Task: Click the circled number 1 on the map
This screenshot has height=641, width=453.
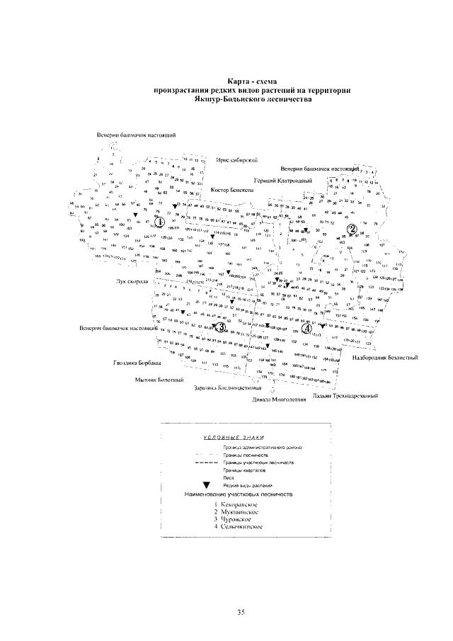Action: tap(160, 222)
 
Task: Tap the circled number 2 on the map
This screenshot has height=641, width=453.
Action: tap(350, 227)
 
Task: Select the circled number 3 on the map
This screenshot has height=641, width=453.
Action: tap(220, 327)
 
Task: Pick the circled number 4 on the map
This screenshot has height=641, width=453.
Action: tap(306, 328)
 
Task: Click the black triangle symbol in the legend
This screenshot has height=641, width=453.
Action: tap(207, 484)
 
